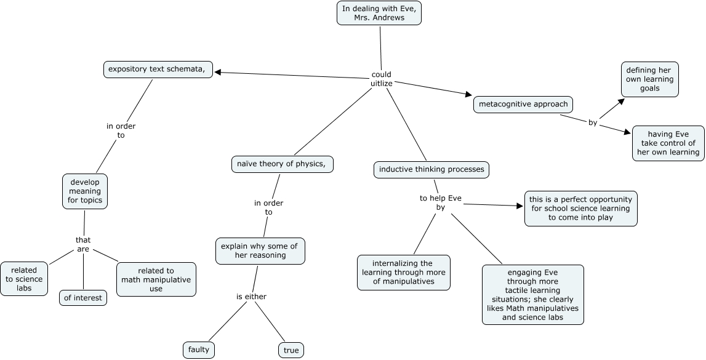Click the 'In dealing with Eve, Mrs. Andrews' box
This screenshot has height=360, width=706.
(x=379, y=13)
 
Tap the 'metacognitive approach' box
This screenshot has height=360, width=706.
(x=523, y=104)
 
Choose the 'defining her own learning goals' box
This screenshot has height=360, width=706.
(x=649, y=79)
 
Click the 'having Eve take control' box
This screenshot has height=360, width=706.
(x=668, y=143)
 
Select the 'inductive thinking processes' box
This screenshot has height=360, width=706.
(x=431, y=169)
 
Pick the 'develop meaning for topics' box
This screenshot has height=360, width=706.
(x=85, y=191)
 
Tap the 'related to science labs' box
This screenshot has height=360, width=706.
(x=24, y=278)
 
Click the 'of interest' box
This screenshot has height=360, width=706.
(x=83, y=298)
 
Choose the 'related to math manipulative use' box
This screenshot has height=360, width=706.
(x=156, y=279)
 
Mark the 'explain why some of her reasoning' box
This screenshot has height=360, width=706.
(x=260, y=250)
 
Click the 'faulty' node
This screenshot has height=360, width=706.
(x=199, y=350)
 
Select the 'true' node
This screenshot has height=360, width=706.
(x=291, y=351)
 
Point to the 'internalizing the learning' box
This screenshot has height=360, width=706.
(x=404, y=272)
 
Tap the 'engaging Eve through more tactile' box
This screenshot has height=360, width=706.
(x=532, y=294)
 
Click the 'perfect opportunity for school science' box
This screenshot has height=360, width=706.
(x=580, y=209)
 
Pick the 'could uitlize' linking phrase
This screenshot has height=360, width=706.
(x=382, y=79)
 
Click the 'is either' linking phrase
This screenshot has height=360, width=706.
(x=251, y=297)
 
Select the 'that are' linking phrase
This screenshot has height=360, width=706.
(x=83, y=244)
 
